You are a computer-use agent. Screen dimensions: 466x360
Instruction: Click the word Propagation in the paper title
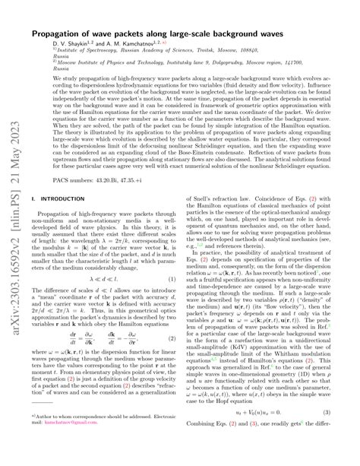pyautogui.click(x=57, y=36)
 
